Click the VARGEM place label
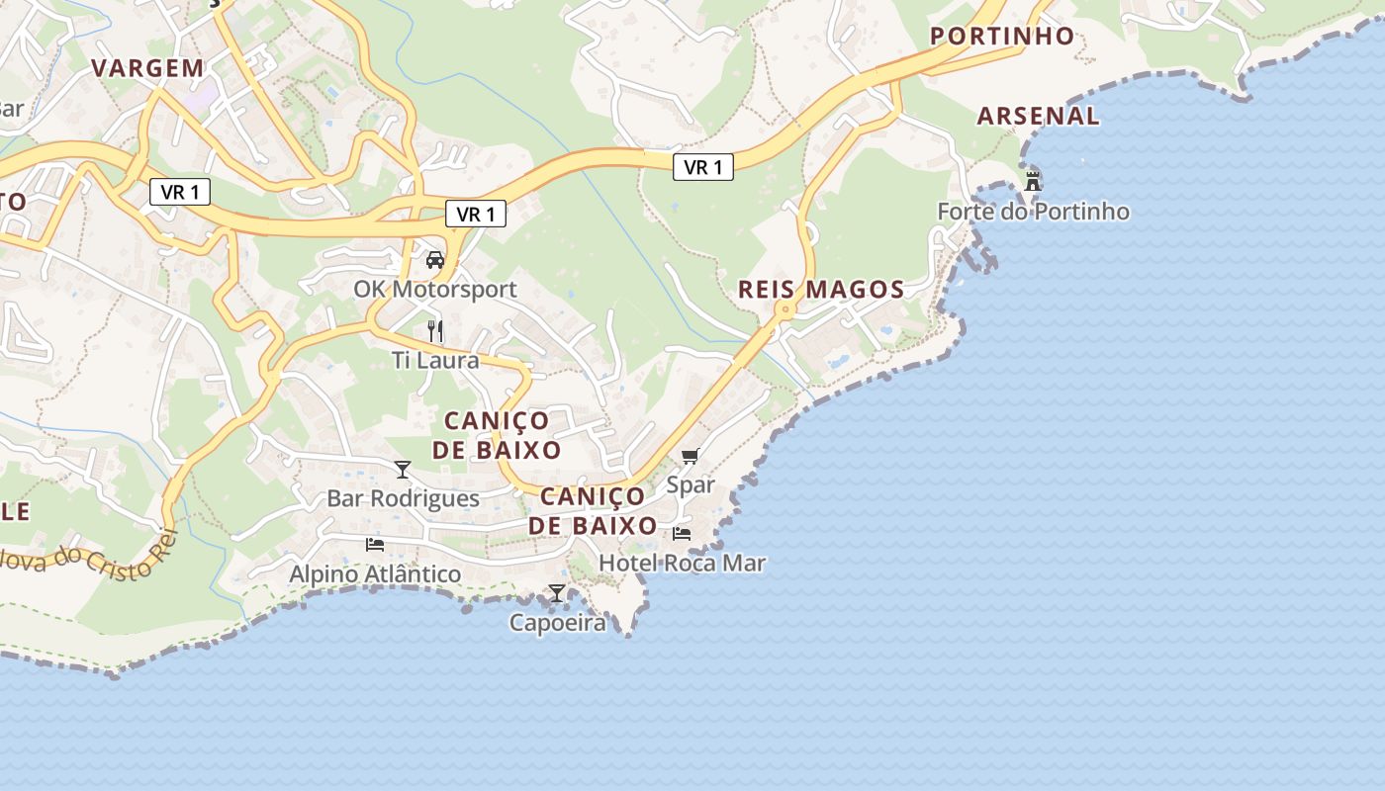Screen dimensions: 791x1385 pyautogui.click(x=147, y=68)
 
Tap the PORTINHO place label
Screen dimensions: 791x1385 pyautogui.click(x=1003, y=37)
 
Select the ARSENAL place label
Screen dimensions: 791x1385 pyautogui.click(x=1039, y=116)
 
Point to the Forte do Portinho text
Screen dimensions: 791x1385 pyautogui.click(x=1033, y=212)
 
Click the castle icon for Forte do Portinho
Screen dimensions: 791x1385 pyautogui.click(x=1033, y=181)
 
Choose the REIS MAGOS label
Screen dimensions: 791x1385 pyautogui.click(x=821, y=290)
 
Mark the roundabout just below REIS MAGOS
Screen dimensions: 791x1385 pyautogui.click(x=785, y=309)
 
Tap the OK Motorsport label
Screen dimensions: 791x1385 pyautogui.click(x=435, y=290)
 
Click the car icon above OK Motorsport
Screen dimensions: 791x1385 pyautogui.click(x=434, y=260)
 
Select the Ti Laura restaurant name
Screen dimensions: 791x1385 pyautogui.click(x=435, y=361)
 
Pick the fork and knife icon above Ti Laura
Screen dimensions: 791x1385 pyautogui.click(x=434, y=331)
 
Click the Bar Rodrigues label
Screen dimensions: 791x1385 pyautogui.click(x=403, y=499)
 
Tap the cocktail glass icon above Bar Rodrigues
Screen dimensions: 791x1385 pyautogui.click(x=403, y=470)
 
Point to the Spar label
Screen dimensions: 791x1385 pyautogui.click(x=691, y=485)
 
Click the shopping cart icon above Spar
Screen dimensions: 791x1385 pyautogui.click(x=690, y=456)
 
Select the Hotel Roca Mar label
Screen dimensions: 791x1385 pyautogui.click(x=683, y=564)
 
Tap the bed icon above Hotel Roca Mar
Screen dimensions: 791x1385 pyautogui.click(x=682, y=534)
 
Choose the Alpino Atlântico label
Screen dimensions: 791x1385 pyautogui.click(x=375, y=574)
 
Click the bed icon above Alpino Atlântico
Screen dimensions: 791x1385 pyautogui.click(x=375, y=545)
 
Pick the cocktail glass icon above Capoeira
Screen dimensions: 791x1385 pyautogui.click(x=557, y=593)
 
